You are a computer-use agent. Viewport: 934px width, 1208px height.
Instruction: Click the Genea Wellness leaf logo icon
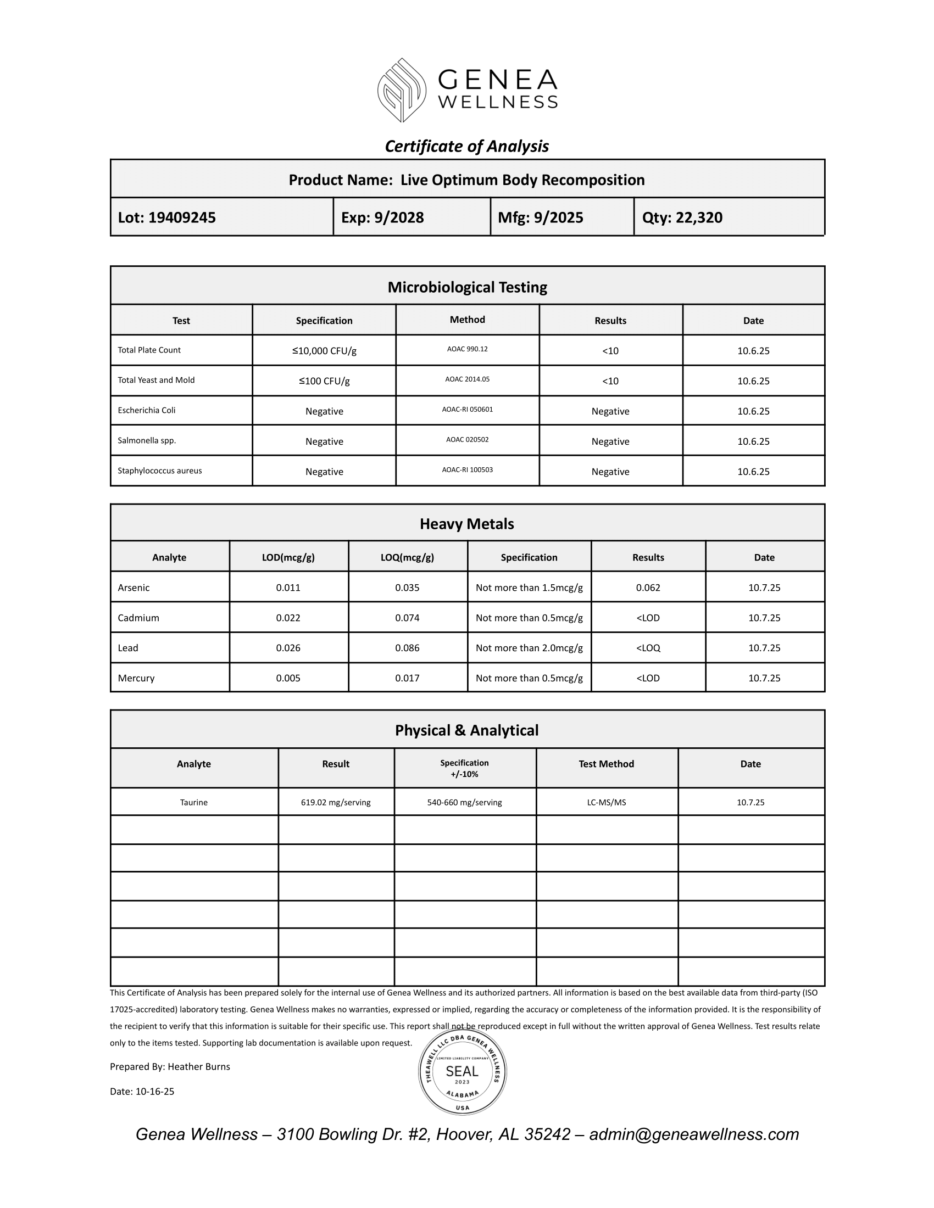402,90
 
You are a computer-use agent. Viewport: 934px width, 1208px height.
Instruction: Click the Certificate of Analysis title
466,146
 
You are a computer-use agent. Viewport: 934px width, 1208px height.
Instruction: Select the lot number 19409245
182,217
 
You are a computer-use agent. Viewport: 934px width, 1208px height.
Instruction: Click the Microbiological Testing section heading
467,287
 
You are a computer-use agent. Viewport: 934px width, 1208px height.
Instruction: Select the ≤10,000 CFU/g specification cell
324,351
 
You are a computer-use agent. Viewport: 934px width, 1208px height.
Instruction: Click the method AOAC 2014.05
467,379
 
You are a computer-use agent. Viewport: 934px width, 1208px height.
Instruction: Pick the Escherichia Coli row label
147,410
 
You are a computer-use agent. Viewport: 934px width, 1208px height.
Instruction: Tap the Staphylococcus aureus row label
159,471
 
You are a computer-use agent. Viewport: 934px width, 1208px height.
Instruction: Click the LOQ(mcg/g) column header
407,557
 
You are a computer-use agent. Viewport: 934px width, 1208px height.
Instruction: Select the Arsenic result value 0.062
648,588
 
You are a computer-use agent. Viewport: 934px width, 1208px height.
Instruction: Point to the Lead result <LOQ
648,648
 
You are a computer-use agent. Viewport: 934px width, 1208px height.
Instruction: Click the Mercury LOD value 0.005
288,678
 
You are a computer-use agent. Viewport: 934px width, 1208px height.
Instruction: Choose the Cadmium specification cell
529,618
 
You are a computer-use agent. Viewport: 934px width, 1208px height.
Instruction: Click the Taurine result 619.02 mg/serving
336,802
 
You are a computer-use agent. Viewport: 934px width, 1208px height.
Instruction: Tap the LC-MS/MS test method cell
607,802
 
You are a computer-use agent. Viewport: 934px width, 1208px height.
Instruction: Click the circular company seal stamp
462,1072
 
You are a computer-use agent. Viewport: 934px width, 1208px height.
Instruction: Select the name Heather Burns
199,1066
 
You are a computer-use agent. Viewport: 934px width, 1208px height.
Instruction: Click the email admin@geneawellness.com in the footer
694,1134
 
